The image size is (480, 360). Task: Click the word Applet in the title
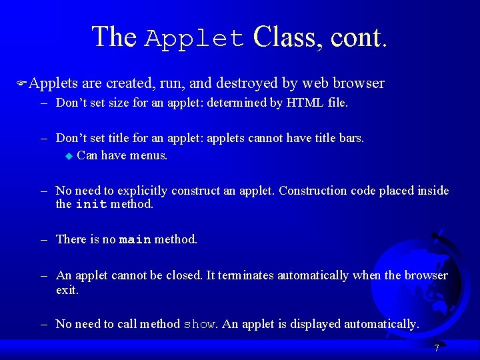[195, 39]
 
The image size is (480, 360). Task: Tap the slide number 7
[436, 348]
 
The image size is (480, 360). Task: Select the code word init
[91, 205]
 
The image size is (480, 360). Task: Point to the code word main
[135, 240]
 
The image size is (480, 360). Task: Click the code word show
[199, 325]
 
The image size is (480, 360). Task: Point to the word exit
[67, 290]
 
